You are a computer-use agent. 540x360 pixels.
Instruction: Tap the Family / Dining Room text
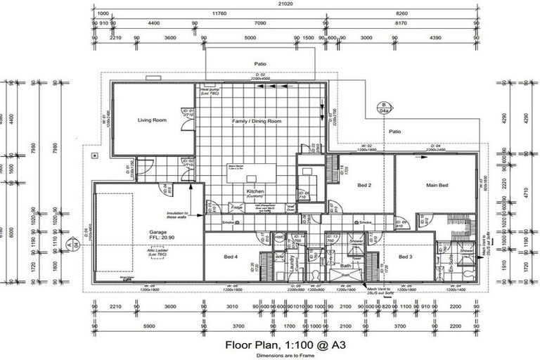pyautogui.click(x=257, y=122)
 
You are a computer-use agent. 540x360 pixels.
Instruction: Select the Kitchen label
pyautogui.click(x=254, y=191)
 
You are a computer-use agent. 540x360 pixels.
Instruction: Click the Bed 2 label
pyautogui.click(x=364, y=186)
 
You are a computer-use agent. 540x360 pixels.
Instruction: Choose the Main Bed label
pyautogui.click(x=437, y=186)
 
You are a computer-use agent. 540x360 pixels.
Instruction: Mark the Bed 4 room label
pyautogui.click(x=231, y=257)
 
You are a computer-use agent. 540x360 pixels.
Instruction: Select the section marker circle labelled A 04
pyautogui.click(x=69, y=244)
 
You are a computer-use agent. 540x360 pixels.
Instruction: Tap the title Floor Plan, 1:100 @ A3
pyautogui.click(x=280, y=345)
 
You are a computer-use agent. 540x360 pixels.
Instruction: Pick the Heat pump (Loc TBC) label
pyautogui.click(x=210, y=92)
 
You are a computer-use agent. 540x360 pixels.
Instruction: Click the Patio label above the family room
pyautogui.click(x=261, y=64)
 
